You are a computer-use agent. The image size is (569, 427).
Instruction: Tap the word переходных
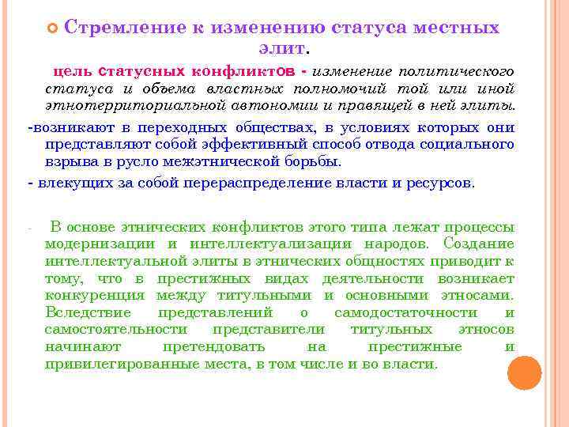pos(169,127)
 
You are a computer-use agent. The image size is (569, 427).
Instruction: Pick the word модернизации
pos(100,244)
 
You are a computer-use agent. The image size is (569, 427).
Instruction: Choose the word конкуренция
pos(95,295)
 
